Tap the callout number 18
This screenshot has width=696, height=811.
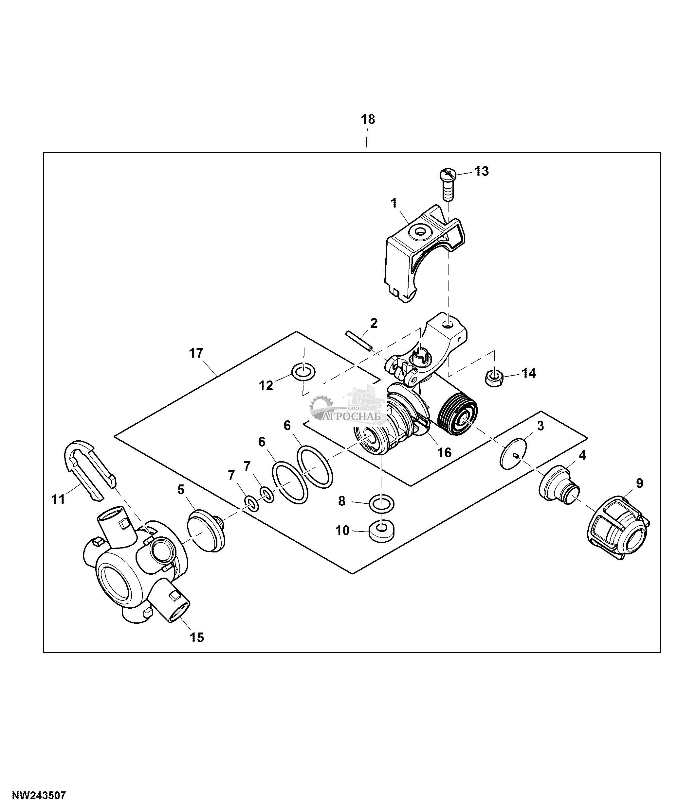pos(368,119)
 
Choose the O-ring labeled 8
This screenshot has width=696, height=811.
pos(381,504)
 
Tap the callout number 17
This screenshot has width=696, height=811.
pos(196,353)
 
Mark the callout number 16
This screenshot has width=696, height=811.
pos(444,452)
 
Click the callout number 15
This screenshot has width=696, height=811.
pos(197,638)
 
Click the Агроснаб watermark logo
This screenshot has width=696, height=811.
pos(349,409)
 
